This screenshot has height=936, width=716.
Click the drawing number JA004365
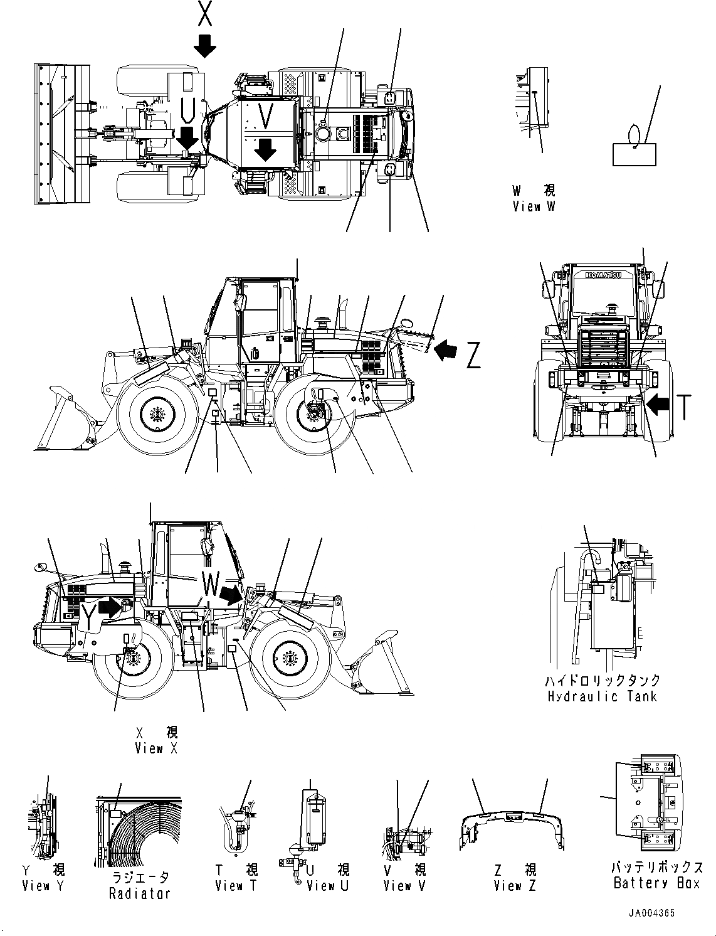tap(653, 914)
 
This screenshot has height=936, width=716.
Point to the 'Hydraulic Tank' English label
tap(601, 696)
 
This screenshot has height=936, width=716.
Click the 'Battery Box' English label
tap(656, 883)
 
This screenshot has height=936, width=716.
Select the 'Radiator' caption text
tap(139, 893)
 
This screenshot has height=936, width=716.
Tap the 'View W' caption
tap(533, 206)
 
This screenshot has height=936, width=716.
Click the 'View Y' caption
tap(43, 886)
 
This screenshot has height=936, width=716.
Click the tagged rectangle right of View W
tap(634, 153)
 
